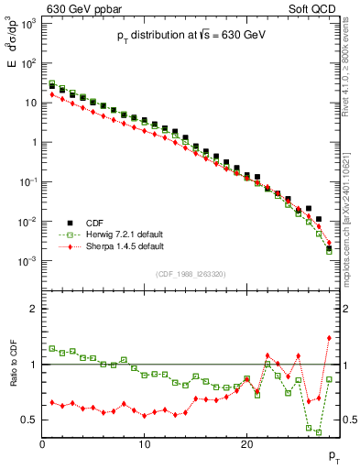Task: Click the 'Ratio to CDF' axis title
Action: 14,377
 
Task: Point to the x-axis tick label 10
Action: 144,445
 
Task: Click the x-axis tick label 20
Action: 246,445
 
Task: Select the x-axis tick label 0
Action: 42,445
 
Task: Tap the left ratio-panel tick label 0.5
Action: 29,420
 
